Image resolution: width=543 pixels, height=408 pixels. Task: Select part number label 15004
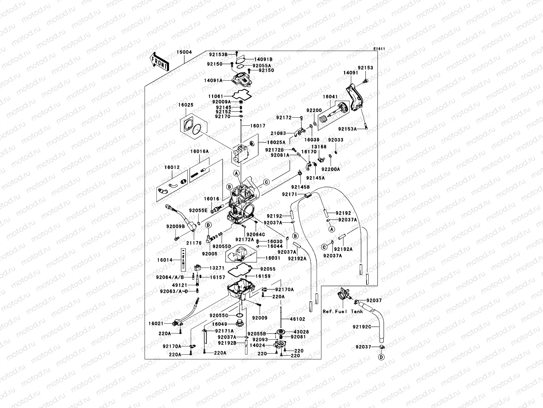[x=184, y=52]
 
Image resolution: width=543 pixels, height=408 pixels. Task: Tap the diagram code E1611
[x=379, y=49]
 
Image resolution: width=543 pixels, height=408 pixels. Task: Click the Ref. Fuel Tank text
[x=343, y=311]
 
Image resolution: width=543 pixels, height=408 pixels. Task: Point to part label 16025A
[x=276, y=142]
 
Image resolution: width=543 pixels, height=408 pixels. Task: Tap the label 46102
[x=297, y=319]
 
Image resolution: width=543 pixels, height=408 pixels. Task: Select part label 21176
[x=194, y=243]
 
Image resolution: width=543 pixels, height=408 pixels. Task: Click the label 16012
[x=172, y=167]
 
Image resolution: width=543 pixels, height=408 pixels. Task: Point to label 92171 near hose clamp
[x=289, y=194]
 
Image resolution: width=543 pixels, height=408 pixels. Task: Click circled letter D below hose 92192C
[x=381, y=357]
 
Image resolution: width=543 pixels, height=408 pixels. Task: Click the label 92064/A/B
[x=170, y=277]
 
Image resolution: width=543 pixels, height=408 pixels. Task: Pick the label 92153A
[x=347, y=129]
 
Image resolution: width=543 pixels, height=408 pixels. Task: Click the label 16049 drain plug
[x=220, y=324]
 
